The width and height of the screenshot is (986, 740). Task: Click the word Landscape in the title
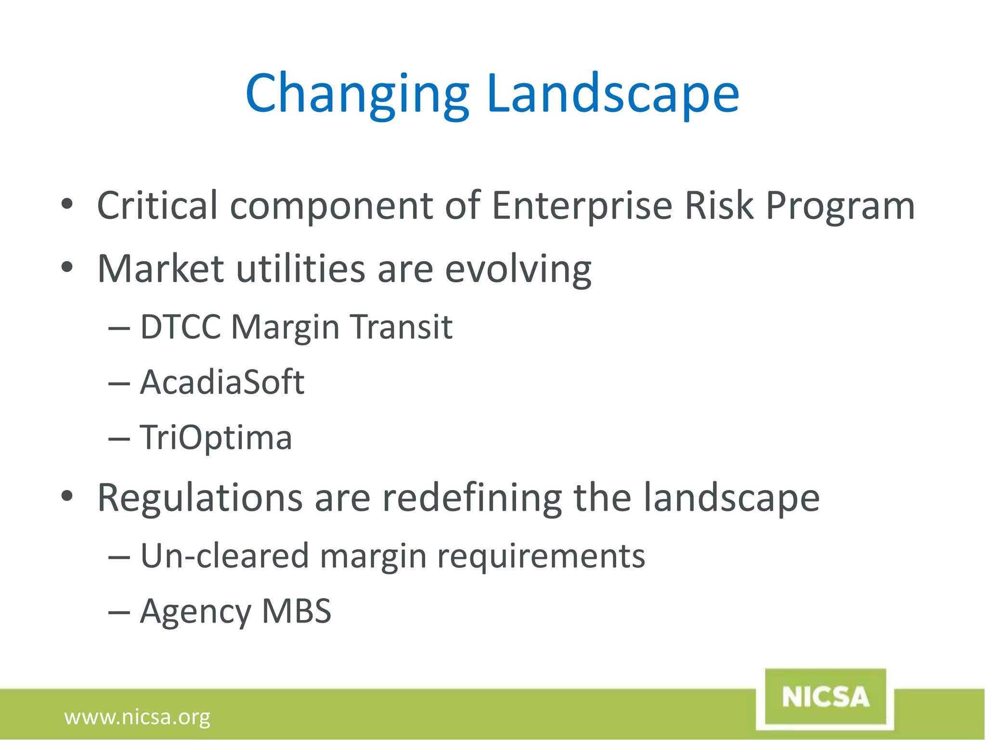(x=612, y=94)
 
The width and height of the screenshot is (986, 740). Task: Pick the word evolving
(x=518, y=269)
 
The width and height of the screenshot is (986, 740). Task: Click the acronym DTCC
(x=180, y=327)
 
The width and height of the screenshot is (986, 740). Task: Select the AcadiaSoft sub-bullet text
(x=222, y=382)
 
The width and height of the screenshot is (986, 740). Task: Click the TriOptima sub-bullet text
(x=216, y=437)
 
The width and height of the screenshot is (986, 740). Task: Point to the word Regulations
(x=200, y=498)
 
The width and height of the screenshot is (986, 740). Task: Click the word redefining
(x=472, y=498)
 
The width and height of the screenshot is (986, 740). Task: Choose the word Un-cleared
(x=224, y=556)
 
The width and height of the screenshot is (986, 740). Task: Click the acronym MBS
(x=296, y=611)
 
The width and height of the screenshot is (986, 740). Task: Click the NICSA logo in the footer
(x=825, y=697)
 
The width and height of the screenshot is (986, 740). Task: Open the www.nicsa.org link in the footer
(x=137, y=717)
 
